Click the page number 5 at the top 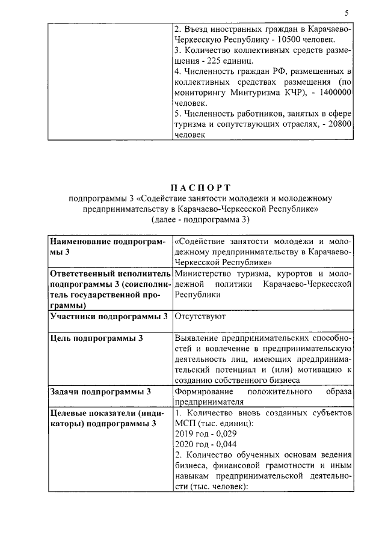tap(346, 13)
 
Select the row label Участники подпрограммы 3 tap(109, 316)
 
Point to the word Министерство tap(202, 274)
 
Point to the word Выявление tap(198, 338)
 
